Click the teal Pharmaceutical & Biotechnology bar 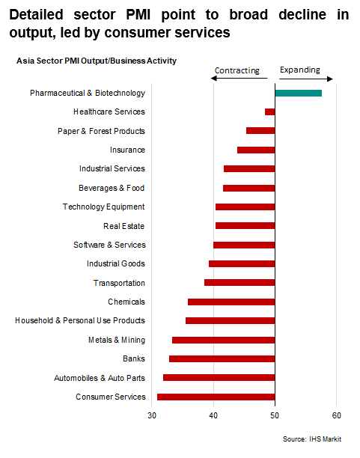pyautogui.click(x=299, y=94)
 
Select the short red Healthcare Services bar pyautogui.click(x=270, y=112)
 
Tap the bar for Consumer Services pyautogui.click(x=216, y=397)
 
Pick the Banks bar pyautogui.click(x=222, y=358)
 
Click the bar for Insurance pyautogui.click(x=256, y=150)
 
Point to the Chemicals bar pyautogui.click(x=231, y=302)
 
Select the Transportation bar pyautogui.click(x=240, y=282)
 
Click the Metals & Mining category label pyautogui.click(x=117, y=340)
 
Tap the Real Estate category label pyautogui.click(x=124, y=226)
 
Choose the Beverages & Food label pyautogui.click(x=112, y=188)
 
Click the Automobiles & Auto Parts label pyautogui.click(x=100, y=378)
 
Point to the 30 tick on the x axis pyautogui.click(x=152, y=415)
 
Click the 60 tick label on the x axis pyautogui.click(x=336, y=415)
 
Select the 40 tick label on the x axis pyautogui.click(x=213, y=415)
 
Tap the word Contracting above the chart pyautogui.click(x=237, y=70)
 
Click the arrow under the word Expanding pyautogui.click(x=306, y=79)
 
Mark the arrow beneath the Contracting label pyautogui.click(x=239, y=79)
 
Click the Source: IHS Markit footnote pyautogui.click(x=312, y=439)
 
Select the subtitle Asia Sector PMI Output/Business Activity pyautogui.click(x=97, y=61)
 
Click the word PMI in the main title pyautogui.click(x=138, y=15)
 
